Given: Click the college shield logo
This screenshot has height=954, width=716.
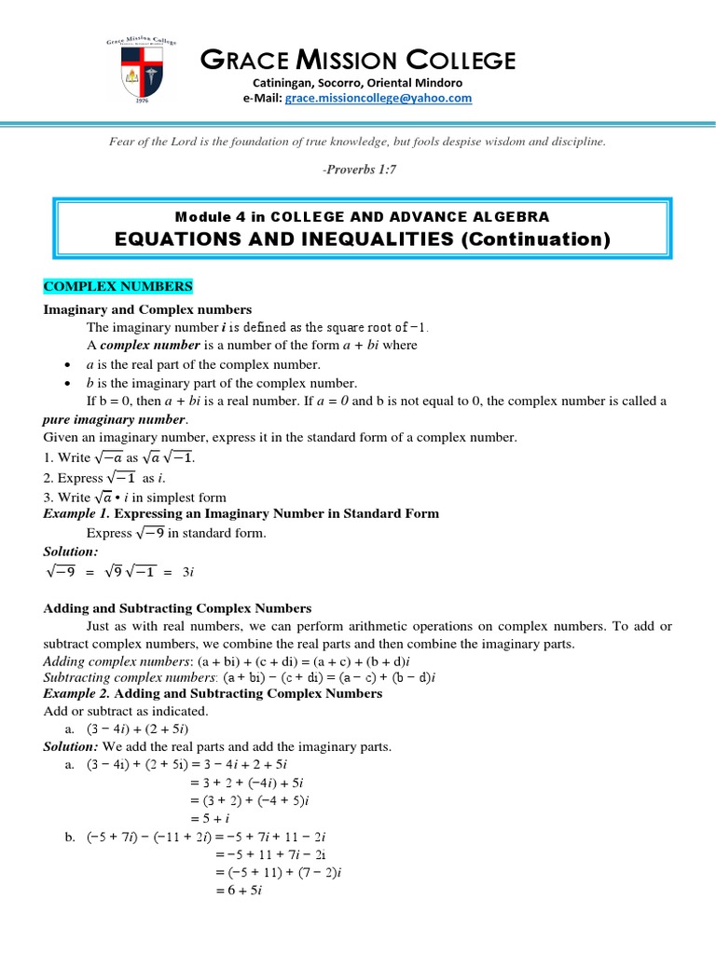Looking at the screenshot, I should (141, 74).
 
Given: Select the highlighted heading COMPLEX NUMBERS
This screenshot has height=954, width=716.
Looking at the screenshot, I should (117, 286).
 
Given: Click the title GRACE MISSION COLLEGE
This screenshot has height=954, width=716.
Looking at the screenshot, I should (358, 61).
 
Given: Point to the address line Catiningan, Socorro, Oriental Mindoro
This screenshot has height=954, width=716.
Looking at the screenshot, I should (358, 82).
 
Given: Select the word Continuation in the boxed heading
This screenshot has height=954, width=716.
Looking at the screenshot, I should (535, 239).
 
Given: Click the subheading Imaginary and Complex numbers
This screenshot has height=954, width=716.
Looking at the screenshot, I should (147, 309).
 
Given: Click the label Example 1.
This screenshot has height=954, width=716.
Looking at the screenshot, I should (77, 513).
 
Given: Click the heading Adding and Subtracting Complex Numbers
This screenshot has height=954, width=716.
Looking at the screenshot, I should (177, 608).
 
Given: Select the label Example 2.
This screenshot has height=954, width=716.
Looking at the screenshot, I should (77, 693).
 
